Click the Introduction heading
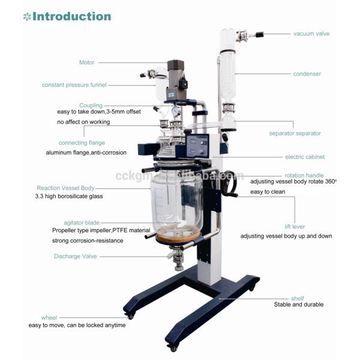[x=71, y=16]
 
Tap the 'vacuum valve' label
[x=311, y=34]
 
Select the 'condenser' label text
[x=307, y=74]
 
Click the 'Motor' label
[x=87, y=62]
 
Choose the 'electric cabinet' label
[x=304, y=157]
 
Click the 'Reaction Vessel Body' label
[x=65, y=187]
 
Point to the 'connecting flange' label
[x=82, y=143]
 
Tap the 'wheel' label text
[x=49, y=317]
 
